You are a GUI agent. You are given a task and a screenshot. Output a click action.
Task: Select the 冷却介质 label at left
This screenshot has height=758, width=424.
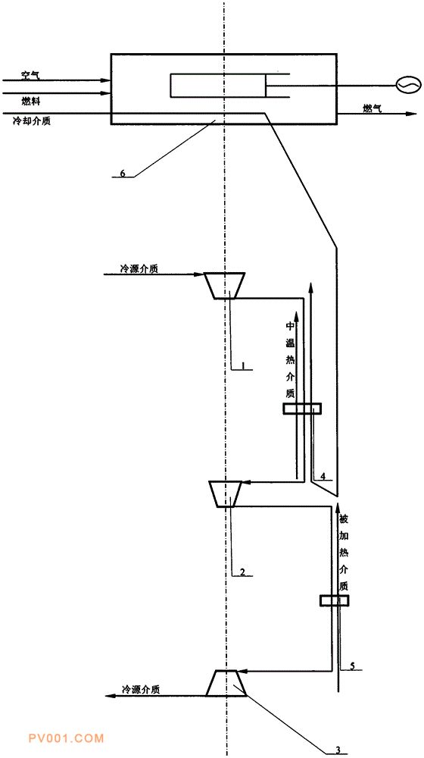(x=32, y=121)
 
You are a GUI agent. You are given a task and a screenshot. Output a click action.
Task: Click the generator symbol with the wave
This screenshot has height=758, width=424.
(x=404, y=86)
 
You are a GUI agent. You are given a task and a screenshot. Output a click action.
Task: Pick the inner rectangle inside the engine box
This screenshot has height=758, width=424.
(x=217, y=86)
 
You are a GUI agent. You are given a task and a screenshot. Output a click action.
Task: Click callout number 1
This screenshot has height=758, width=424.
(x=244, y=366)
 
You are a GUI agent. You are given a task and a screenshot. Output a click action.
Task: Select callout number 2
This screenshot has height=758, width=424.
(x=242, y=572)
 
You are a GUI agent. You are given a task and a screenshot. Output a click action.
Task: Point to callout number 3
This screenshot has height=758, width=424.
(x=338, y=750)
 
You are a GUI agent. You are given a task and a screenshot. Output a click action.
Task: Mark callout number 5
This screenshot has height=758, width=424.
(x=352, y=666)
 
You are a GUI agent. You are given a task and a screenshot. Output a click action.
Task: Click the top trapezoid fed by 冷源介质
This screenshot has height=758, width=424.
(x=225, y=285)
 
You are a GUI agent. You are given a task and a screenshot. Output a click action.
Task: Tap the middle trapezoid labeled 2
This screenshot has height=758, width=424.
(x=226, y=493)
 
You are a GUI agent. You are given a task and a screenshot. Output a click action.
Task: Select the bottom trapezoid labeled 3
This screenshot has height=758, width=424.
(x=226, y=683)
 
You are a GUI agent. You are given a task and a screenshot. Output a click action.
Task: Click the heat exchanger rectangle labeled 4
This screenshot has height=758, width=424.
(x=302, y=409)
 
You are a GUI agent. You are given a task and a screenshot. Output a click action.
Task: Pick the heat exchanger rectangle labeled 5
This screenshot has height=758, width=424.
(x=334, y=600)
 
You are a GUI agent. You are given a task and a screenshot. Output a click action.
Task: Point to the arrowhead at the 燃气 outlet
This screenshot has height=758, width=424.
(x=411, y=114)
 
